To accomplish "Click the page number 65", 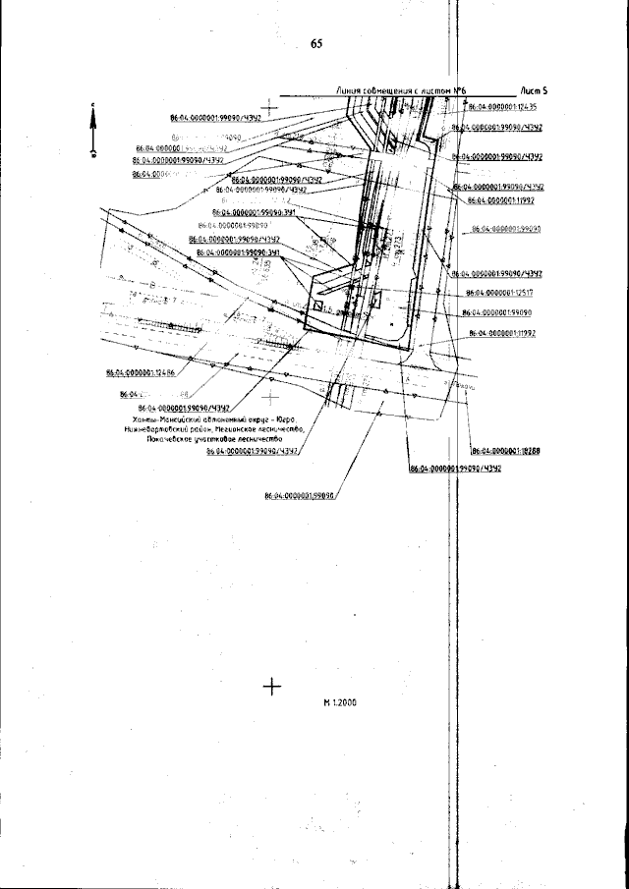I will pyautogui.click(x=315, y=44).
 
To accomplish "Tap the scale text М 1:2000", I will pyautogui.click(x=339, y=703).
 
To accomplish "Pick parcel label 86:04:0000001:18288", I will pyautogui.click(x=507, y=451).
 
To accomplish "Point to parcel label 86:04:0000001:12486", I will pyautogui.click(x=140, y=374).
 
